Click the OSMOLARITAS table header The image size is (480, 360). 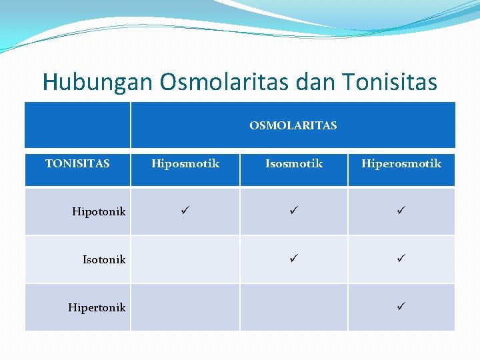coord(293,125)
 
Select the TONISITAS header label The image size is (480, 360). coord(77,163)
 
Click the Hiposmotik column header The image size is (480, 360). coord(185,163)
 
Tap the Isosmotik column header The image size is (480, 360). coord(294,163)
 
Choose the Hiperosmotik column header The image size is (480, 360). coord(401,163)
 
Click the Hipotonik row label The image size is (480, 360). coord(99,212)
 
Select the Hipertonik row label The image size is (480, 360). coord(97,307)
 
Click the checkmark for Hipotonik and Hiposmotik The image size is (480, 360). coord(185,211)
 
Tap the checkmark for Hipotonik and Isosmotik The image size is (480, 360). coord(293,211)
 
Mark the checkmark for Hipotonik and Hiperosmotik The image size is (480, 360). coord(401,211)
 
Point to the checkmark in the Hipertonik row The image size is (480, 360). coord(401,306)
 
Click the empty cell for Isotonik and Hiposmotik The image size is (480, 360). coord(185,259)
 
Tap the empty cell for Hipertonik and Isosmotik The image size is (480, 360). coord(293,307)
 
